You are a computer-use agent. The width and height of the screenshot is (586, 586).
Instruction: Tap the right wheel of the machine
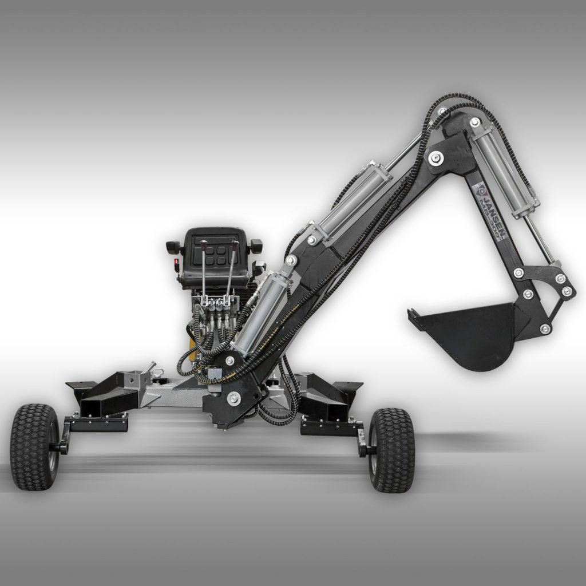(x=391, y=450)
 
